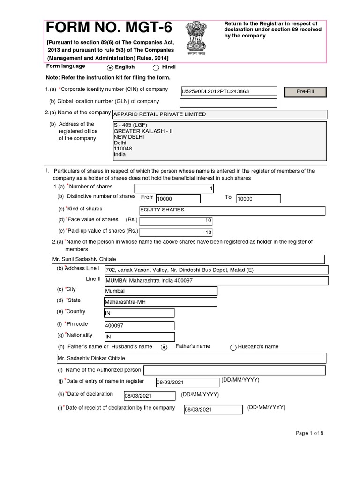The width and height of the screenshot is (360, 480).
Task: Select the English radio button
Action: click(x=110, y=67)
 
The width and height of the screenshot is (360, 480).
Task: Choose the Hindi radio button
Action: click(x=156, y=67)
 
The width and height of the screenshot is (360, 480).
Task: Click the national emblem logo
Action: click(x=194, y=38)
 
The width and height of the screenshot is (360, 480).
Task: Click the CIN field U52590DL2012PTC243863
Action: click(x=228, y=91)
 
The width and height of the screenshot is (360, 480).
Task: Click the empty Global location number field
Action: click(x=228, y=103)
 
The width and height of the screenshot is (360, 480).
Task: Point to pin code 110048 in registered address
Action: click(x=120, y=148)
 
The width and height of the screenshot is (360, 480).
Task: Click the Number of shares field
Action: click(x=174, y=188)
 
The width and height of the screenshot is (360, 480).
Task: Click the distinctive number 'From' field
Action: click(x=178, y=199)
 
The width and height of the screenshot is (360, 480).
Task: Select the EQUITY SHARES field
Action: click(x=232, y=210)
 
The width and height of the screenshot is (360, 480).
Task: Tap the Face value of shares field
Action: click(x=176, y=221)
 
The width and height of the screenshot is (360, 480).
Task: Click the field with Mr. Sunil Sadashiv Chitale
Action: click(x=187, y=259)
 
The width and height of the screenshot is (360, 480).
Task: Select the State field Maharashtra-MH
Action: click(x=160, y=302)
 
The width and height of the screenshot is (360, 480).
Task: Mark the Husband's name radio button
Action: click(x=233, y=347)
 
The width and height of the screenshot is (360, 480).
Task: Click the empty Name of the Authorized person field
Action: click(x=234, y=370)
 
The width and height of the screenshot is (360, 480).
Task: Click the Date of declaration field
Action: click(x=149, y=396)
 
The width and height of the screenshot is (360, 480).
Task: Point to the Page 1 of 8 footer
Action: click(x=309, y=433)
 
